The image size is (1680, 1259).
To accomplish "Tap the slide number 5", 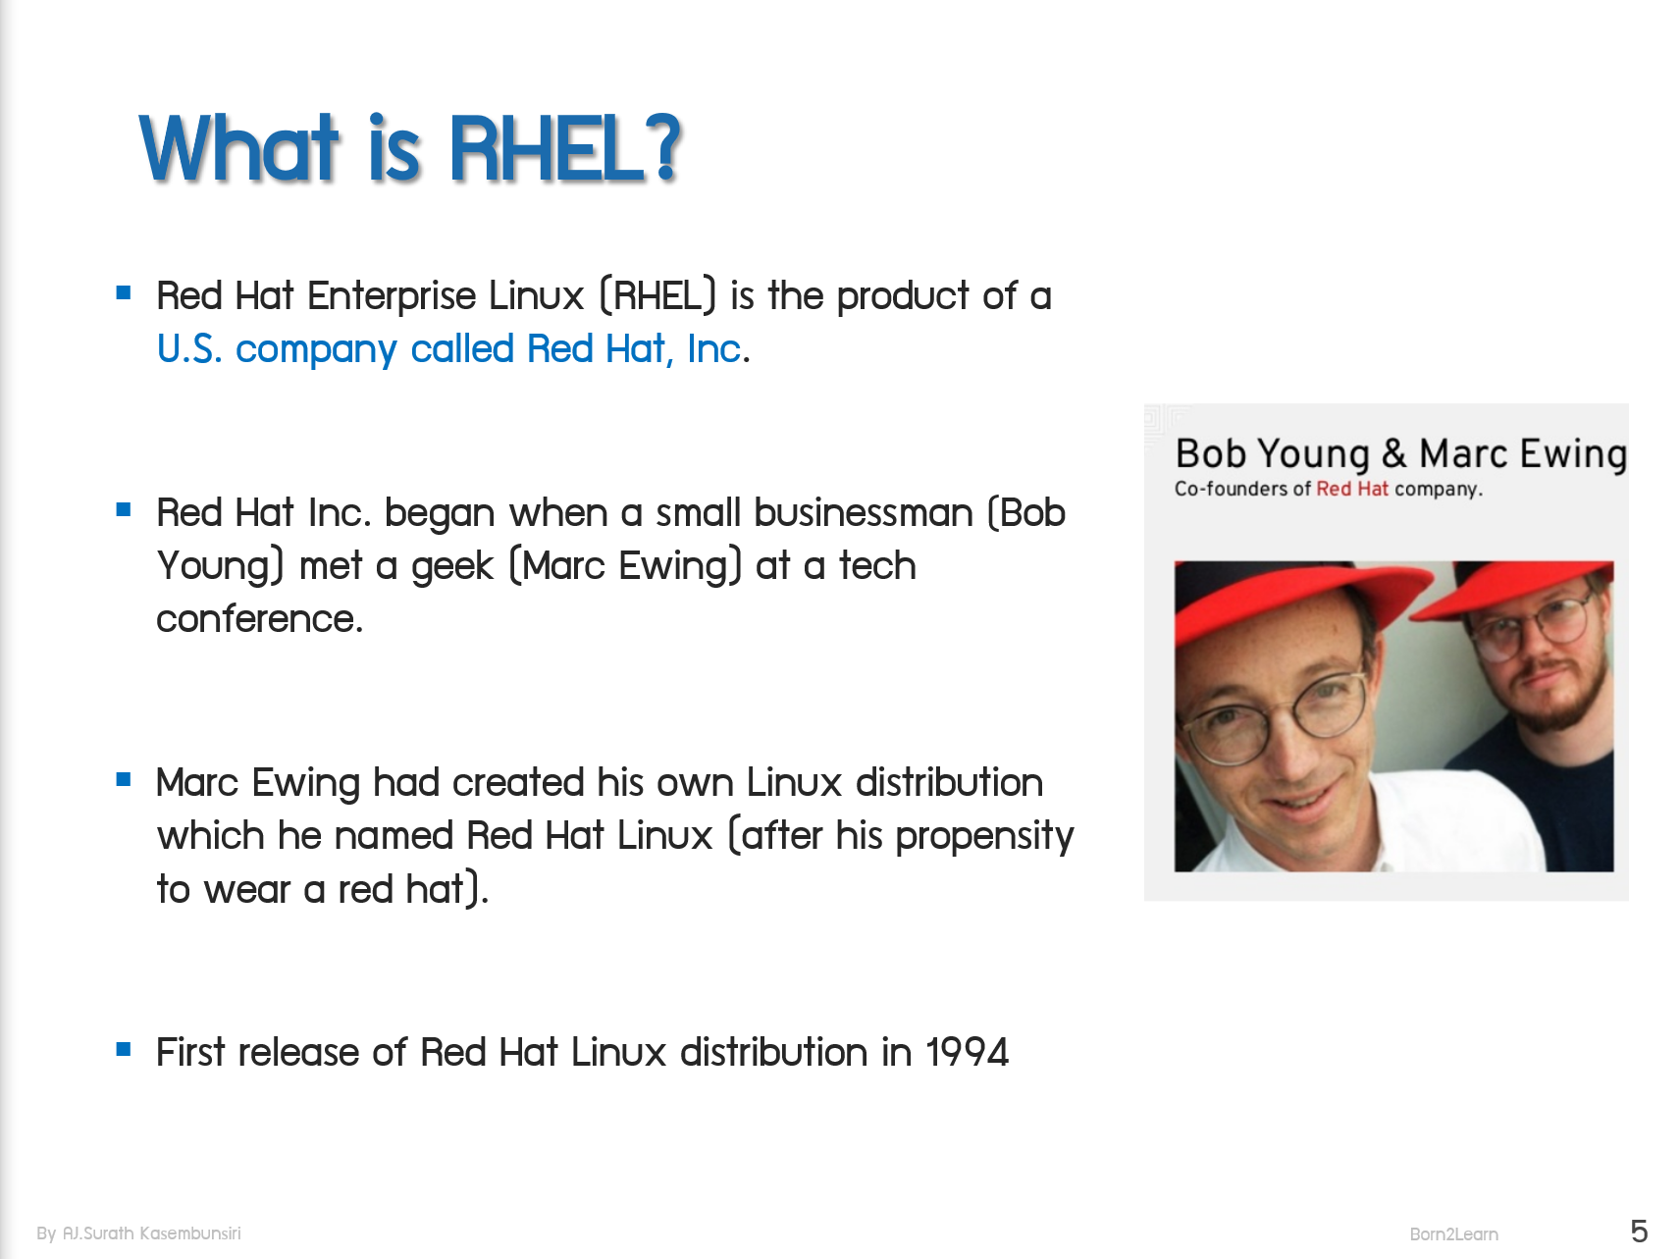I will click(x=1638, y=1231).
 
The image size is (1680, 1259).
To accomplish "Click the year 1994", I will click(x=967, y=1053).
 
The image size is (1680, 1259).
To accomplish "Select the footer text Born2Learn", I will click(x=1453, y=1234).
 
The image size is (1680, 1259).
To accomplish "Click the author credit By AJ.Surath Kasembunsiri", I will click(x=138, y=1233).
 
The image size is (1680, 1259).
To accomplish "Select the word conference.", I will click(x=259, y=619).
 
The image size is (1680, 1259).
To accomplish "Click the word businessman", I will click(x=864, y=513).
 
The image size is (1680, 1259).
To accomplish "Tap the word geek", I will click(x=451, y=567).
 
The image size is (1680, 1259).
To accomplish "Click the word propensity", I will click(x=983, y=837).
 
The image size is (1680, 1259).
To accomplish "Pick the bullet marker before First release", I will click(x=124, y=1049).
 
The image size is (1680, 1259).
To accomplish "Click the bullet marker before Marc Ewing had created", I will click(x=124, y=780).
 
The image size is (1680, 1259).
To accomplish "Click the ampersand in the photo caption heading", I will click(x=1393, y=454).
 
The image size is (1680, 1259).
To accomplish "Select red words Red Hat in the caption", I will click(x=1351, y=489).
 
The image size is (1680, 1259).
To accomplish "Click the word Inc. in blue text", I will click(x=716, y=349).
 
